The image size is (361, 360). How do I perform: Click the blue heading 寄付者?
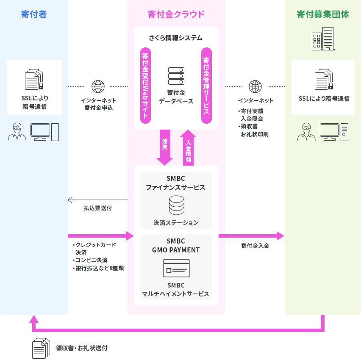click(x=33, y=14)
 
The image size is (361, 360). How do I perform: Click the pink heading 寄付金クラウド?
click(x=176, y=14)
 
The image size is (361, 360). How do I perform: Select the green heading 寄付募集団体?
click(x=322, y=14)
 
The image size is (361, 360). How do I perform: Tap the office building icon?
click(x=323, y=39)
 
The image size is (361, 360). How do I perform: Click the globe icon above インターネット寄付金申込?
click(x=98, y=86)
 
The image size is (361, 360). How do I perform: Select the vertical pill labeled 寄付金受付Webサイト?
click(x=145, y=86)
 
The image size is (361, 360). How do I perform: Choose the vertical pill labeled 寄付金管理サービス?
click(x=206, y=86)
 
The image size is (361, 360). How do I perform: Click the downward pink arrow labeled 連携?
click(x=164, y=147)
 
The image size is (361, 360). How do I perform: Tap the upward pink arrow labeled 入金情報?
click(x=188, y=147)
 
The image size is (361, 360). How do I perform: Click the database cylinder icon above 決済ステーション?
click(x=176, y=205)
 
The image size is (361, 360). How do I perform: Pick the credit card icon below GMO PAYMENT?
click(x=176, y=268)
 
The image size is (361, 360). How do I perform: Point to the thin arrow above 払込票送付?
click(x=97, y=200)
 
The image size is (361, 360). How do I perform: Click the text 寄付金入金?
click(x=255, y=246)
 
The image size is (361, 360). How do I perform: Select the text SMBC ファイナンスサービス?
click(x=176, y=183)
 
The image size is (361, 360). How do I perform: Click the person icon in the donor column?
click(x=17, y=132)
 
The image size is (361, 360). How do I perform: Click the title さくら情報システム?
click(x=176, y=38)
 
